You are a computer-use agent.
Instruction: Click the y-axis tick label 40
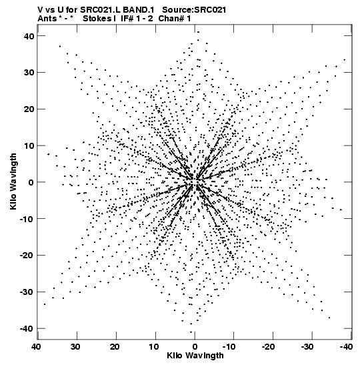tap(29, 36)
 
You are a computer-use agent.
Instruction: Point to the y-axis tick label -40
tap(26, 328)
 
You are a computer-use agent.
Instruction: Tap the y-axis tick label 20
tap(29, 109)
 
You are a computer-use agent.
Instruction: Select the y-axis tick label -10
tap(26, 219)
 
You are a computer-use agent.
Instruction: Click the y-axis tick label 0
tap(31, 182)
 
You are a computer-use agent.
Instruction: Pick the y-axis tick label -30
tap(26, 292)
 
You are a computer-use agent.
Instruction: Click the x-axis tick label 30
tap(75, 347)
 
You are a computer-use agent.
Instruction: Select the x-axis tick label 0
tap(195, 347)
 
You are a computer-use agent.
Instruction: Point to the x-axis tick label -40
tap(346, 347)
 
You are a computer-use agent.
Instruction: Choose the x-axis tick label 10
tap(154, 347)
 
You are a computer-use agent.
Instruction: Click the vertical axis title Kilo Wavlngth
tap(13, 181)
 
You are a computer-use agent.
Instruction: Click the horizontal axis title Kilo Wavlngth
tap(195, 356)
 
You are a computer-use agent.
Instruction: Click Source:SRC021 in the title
tap(194, 10)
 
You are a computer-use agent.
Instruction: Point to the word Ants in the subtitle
tap(47, 19)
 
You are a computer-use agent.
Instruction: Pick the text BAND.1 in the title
tap(139, 10)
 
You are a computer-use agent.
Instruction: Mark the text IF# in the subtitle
tap(127, 19)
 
